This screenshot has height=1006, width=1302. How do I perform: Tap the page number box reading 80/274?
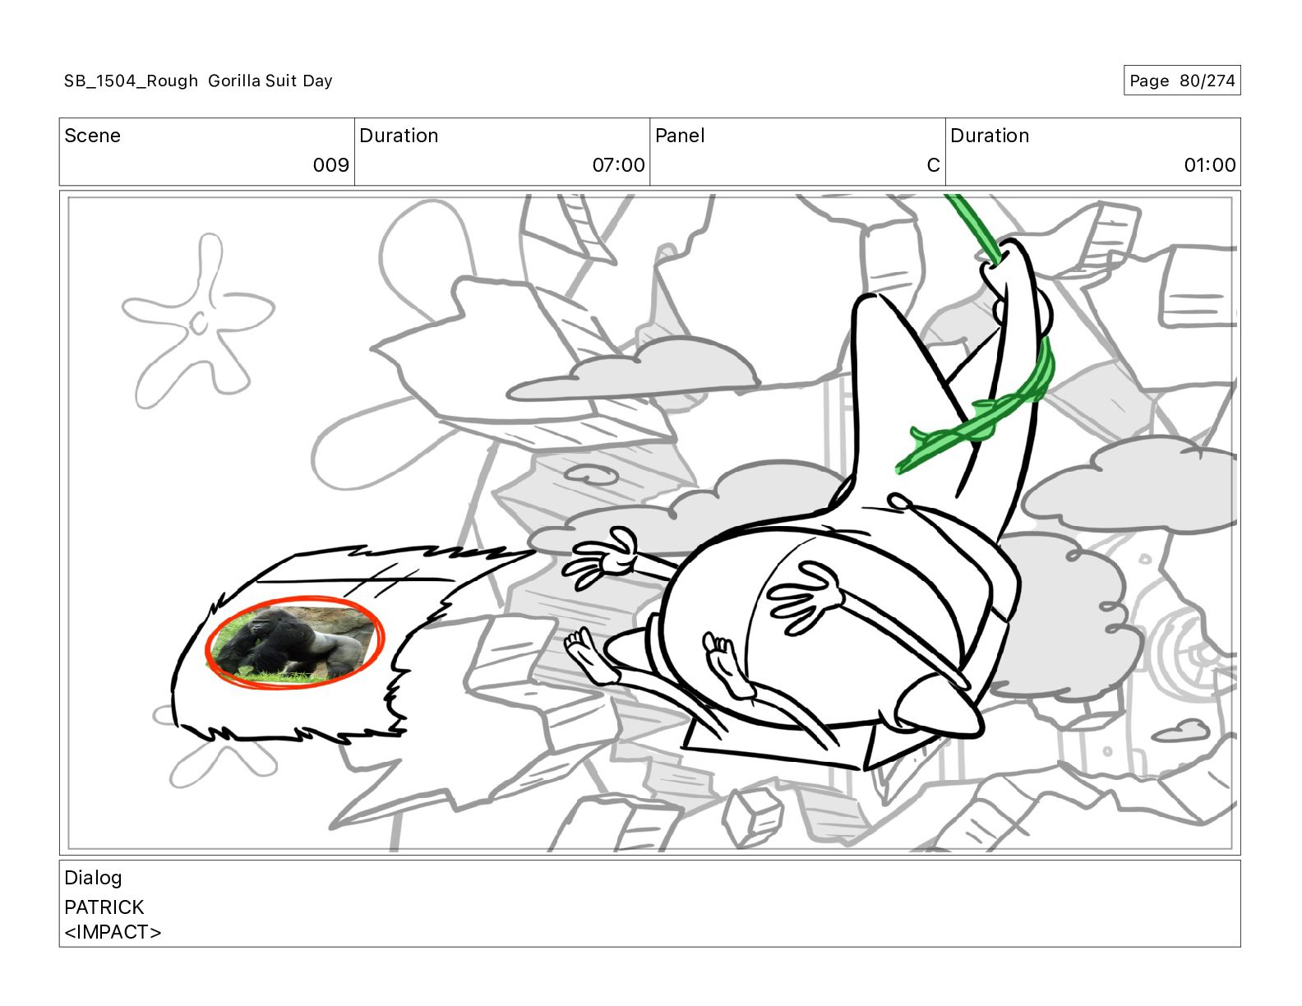1181,81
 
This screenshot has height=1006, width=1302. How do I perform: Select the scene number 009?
330,164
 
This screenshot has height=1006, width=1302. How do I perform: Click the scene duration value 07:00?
618,164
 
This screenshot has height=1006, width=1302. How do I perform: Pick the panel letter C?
933,164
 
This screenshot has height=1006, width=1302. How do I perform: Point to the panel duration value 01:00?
1210,164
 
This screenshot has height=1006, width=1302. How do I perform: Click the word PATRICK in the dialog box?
104,907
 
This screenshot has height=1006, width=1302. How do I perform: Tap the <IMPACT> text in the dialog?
113,932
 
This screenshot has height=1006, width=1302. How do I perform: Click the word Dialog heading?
93,879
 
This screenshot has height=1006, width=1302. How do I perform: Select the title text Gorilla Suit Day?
270,81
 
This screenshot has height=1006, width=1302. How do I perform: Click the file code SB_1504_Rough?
131,81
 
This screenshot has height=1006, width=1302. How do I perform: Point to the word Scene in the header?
92,136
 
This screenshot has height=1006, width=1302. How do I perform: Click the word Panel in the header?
680,136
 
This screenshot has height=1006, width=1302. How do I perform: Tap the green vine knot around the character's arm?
982,413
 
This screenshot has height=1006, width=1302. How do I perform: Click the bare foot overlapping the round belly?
727,663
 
